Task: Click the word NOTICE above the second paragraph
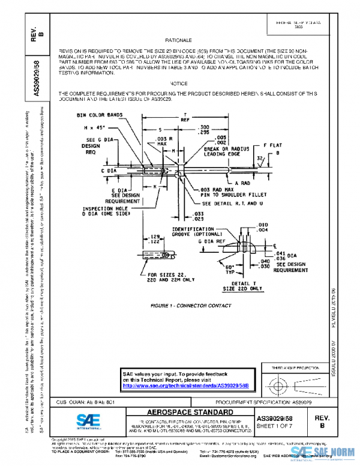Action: coord(179,83)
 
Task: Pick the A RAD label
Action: coord(242,182)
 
